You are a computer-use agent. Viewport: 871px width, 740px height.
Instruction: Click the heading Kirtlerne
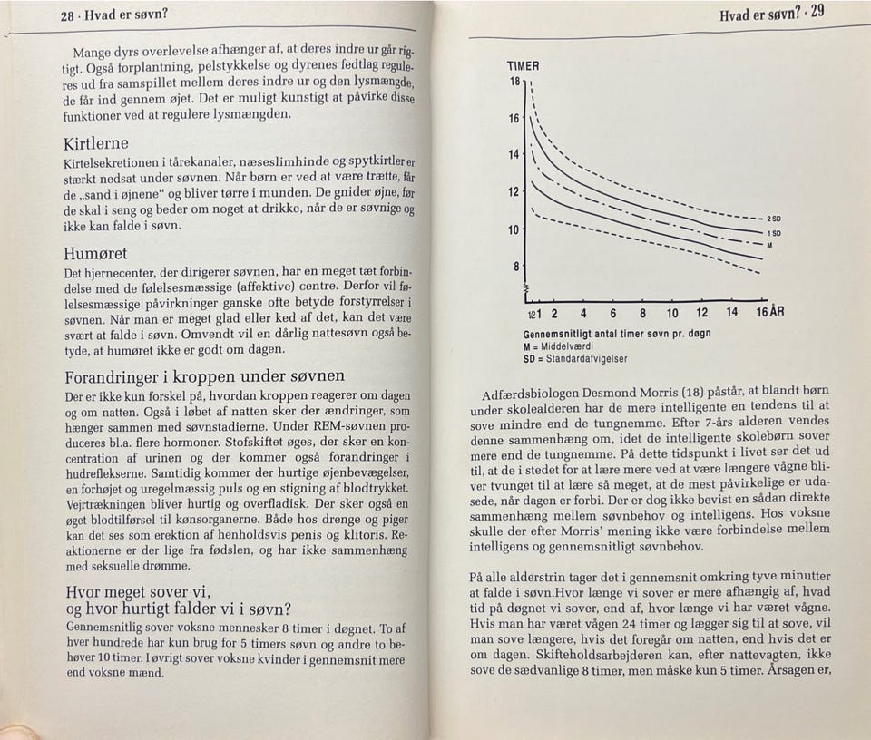click(x=96, y=143)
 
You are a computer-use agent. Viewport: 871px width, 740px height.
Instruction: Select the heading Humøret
click(x=95, y=254)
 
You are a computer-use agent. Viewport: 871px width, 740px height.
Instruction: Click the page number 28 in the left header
click(x=67, y=16)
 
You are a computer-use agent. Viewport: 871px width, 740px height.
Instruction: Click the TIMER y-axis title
click(x=524, y=66)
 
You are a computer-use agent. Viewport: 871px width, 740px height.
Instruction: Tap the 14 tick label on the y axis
click(x=514, y=155)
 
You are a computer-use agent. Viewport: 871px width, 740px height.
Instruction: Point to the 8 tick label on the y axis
click(x=517, y=268)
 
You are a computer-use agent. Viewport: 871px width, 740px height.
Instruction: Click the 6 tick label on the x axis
click(x=613, y=314)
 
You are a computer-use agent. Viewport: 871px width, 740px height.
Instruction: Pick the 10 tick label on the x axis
click(x=672, y=314)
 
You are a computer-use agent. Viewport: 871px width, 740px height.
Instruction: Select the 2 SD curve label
click(x=775, y=219)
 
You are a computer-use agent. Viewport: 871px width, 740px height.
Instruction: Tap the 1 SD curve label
click(x=775, y=233)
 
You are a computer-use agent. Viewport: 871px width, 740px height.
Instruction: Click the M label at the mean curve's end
click(x=769, y=245)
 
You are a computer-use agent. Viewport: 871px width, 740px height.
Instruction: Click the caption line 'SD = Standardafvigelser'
click(x=575, y=358)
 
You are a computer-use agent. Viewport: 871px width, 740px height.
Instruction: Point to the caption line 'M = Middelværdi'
click(x=558, y=346)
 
